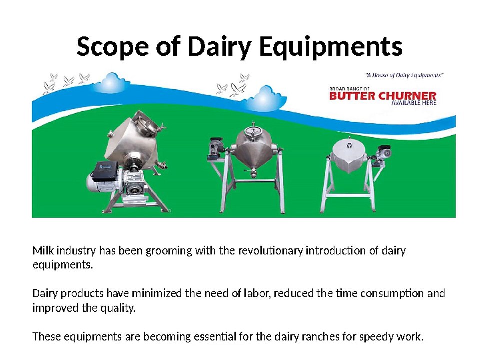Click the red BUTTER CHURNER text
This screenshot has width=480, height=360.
tap(383, 96)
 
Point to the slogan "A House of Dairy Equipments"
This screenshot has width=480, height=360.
tap(404, 75)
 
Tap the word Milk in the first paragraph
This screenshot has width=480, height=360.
tap(43, 250)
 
